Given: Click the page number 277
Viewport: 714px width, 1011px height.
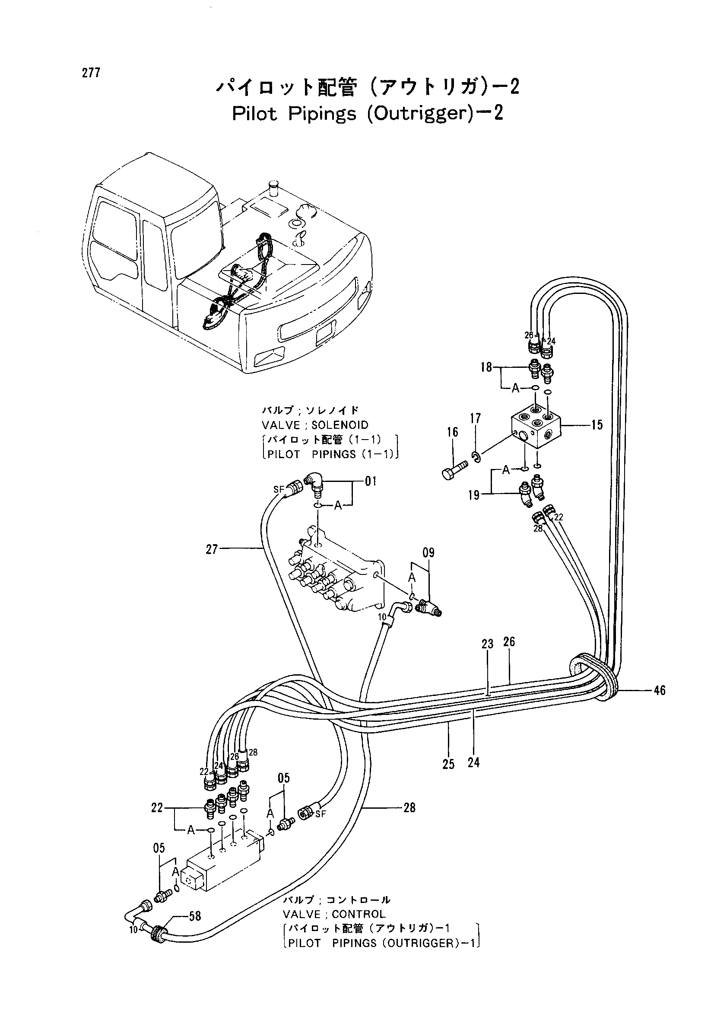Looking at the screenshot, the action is [91, 73].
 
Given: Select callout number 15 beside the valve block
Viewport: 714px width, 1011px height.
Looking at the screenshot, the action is [597, 425].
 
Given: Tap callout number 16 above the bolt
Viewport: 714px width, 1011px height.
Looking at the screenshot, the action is [453, 432].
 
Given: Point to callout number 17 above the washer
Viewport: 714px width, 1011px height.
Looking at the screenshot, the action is [476, 418].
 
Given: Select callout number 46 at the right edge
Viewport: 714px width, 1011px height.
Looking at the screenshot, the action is [659, 690].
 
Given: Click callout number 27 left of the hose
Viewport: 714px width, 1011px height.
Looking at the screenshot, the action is [212, 549].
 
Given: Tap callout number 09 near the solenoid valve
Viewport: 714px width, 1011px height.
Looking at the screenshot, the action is [428, 553].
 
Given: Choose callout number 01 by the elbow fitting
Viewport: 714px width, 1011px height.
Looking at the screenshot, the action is [371, 481].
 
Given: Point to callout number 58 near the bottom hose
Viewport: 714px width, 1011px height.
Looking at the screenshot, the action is [195, 916].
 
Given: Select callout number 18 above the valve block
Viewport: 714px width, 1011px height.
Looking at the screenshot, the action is [486, 367].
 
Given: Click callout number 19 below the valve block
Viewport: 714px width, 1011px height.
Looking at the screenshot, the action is [474, 495].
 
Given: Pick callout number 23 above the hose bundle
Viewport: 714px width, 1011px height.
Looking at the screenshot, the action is [487, 644].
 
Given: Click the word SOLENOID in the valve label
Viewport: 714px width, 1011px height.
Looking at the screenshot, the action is [340, 425].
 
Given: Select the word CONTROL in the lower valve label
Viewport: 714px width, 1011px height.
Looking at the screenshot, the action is [359, 915].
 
